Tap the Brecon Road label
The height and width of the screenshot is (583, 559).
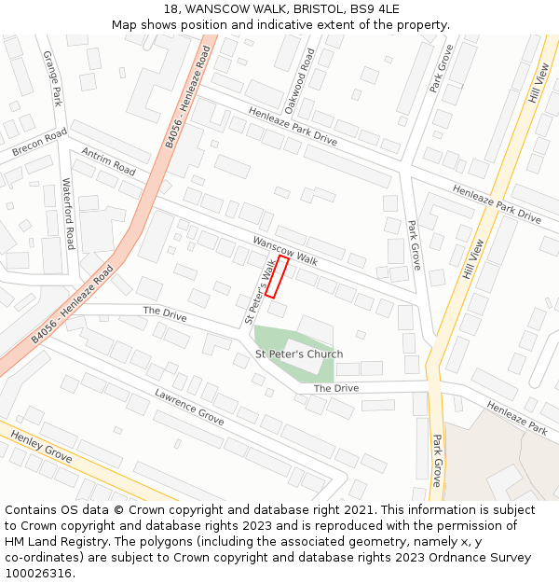click(x=40, y=143)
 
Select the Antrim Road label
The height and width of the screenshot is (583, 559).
click(x=108, y=160)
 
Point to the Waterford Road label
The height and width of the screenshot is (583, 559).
click(x=68, y=214)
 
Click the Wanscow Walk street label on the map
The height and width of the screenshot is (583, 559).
click(x=285, y=251)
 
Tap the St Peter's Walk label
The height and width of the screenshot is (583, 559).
click(x=260, y=292)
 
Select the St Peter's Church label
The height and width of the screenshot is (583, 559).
click(x=299, y=354)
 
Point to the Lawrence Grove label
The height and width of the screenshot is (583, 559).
click(x=189, y=407)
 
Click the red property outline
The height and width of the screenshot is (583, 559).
click(x=277, y=277)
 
